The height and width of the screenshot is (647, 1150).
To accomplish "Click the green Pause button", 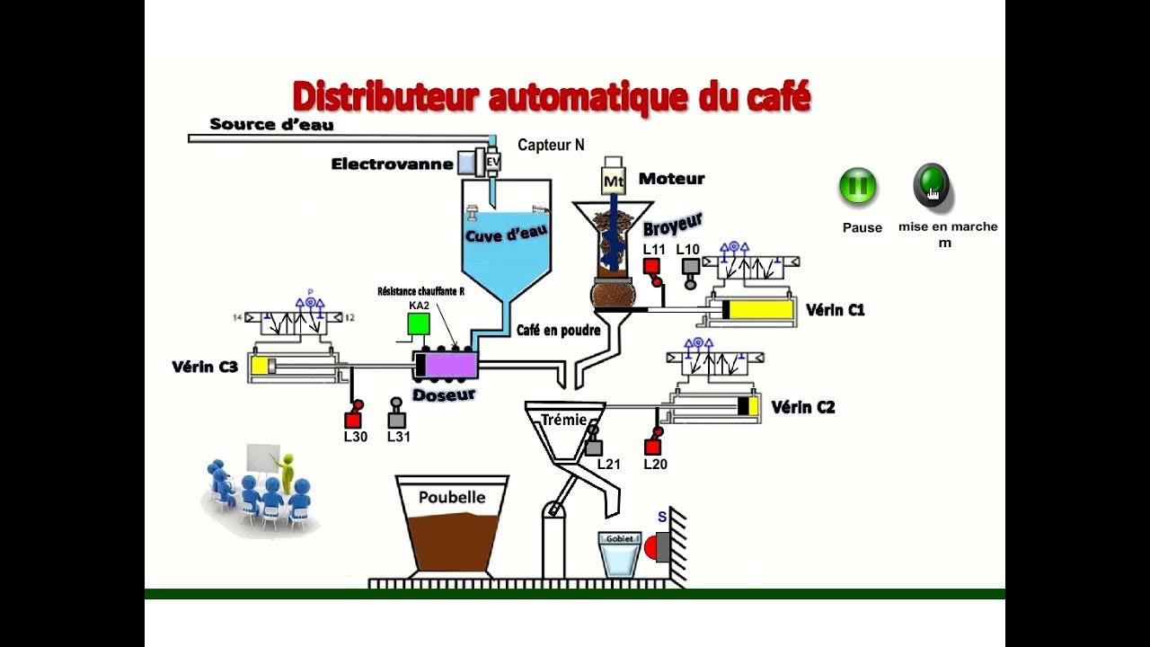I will coord(857,187).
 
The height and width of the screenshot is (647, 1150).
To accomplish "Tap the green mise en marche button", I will coord(931,184).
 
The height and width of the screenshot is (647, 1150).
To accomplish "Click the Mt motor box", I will coord(614,180).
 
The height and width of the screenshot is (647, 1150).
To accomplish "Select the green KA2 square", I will coord(419,324).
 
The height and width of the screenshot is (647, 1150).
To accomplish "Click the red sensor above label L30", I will coord(353,419).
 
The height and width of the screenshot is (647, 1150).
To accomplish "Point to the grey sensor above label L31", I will coord(396,419).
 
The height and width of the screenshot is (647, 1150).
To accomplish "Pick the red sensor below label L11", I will coord(652,266).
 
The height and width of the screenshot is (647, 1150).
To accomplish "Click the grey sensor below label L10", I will coord(690,267).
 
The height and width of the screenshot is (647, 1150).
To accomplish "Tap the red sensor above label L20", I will coord(653,447).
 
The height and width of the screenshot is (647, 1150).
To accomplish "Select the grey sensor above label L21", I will coord(593,447).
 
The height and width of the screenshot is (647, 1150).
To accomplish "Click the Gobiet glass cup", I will coord(619,556).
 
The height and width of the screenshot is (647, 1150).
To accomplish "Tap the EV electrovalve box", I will coord(492,161).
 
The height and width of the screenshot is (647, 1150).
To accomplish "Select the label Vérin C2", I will coord(802,408).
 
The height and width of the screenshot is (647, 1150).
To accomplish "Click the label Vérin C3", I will coord(205,367).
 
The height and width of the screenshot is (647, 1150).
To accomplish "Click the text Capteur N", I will coord(551,145).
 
